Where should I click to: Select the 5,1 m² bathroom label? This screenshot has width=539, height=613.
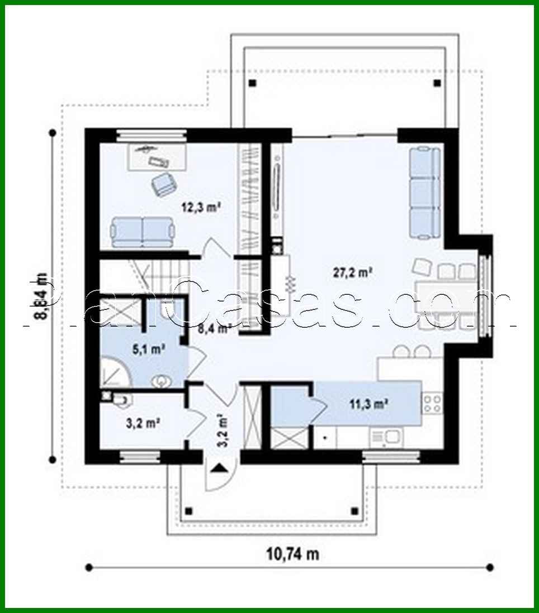pos(148,350)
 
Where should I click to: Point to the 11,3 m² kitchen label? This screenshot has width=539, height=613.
pos(369,404)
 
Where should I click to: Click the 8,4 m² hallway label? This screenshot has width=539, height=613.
pos(214,328)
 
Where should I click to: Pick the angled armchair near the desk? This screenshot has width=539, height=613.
pos(163,184)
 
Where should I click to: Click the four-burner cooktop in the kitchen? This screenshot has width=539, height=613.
pos(432,404)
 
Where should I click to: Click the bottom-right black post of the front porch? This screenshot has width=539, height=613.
pos(353,510)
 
